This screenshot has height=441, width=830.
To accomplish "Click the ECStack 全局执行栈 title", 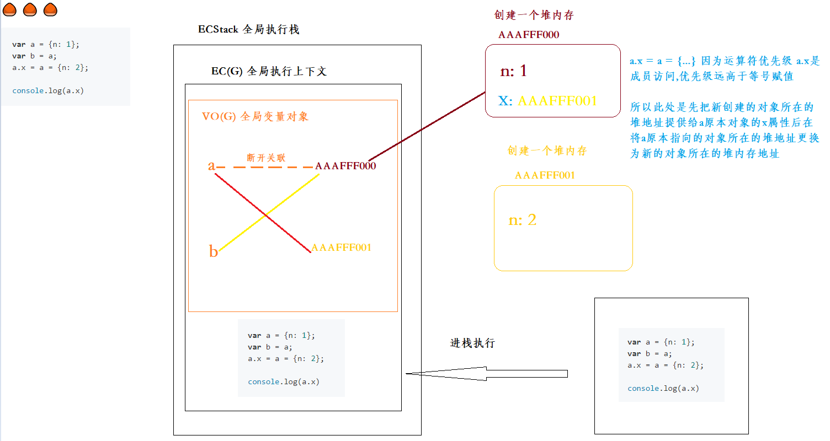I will [248, 30].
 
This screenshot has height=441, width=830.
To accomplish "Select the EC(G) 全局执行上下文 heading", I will [269, 71].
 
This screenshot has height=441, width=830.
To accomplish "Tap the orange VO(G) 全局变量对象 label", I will [255, 116].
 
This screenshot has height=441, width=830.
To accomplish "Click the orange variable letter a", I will [211, 165].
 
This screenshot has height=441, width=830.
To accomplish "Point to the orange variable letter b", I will [214, 252].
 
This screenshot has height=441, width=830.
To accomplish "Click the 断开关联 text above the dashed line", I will [266, 158].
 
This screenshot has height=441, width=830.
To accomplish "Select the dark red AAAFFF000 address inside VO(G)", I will [345, 166].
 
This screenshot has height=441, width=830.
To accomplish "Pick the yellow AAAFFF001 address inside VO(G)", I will [341, 248].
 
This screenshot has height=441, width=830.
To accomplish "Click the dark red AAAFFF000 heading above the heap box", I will [528, 35].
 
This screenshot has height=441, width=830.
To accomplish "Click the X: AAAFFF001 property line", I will [547, 101].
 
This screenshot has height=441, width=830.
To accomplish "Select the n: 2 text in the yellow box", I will [522, 220].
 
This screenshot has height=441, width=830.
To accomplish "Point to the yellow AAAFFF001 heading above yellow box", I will [545, 175].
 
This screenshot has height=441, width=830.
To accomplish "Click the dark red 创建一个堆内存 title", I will [534, 15].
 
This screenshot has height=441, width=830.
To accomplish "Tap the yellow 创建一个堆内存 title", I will [547, 150].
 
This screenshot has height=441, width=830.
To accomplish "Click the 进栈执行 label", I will [472, 343].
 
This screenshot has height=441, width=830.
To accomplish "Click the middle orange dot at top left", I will [30, 9].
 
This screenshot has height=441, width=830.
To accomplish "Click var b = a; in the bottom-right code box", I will [650, 353].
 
